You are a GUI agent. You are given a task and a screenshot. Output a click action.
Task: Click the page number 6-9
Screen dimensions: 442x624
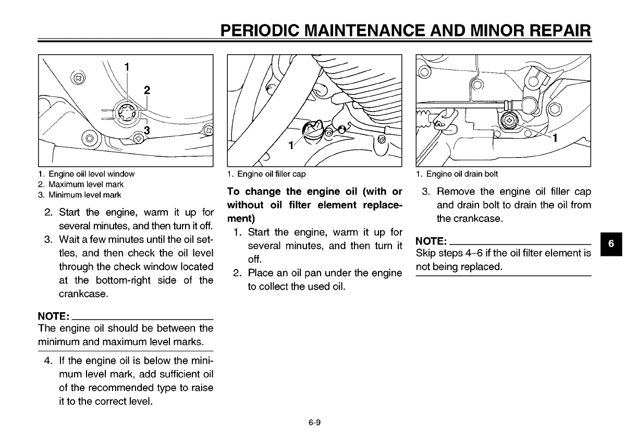313,422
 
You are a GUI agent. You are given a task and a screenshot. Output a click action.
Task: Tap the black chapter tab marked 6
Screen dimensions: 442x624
612,244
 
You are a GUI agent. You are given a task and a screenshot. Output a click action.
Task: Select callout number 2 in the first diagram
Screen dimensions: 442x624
147,90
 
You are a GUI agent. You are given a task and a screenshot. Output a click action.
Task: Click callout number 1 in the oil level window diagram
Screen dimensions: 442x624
127,66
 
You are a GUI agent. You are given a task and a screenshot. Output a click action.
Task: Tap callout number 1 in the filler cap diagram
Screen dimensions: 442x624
291,145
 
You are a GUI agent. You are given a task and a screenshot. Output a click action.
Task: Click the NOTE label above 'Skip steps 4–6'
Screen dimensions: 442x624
431,241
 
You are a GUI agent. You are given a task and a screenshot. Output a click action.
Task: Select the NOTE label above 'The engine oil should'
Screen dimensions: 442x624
53,316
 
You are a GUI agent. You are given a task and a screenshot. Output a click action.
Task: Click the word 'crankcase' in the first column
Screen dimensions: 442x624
77,294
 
